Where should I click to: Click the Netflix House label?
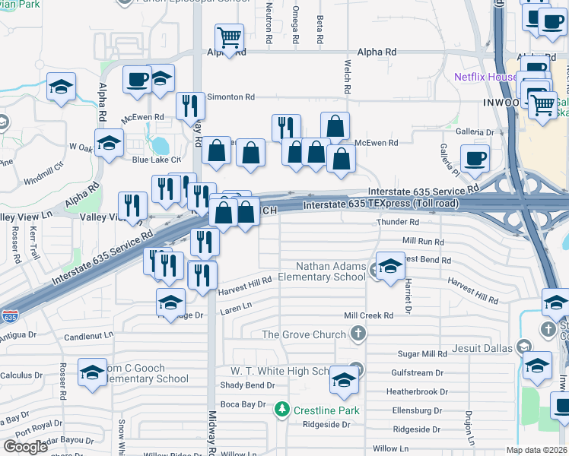tap(485, 77)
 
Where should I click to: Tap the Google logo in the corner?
tap(25, 446)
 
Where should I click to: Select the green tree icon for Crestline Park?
tap(282, 410)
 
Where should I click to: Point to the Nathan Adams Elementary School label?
tap(331, 271)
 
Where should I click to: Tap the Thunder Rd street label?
tap(398, 223)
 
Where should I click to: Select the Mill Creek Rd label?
tap(368, 315)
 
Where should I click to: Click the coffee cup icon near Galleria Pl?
tap(475, 158)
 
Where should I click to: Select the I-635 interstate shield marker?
tap(10, 315)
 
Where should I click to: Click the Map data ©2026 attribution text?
tap(536, 450)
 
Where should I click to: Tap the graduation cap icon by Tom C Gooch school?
tap(92, 372)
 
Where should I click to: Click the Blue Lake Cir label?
tap(156, 160)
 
